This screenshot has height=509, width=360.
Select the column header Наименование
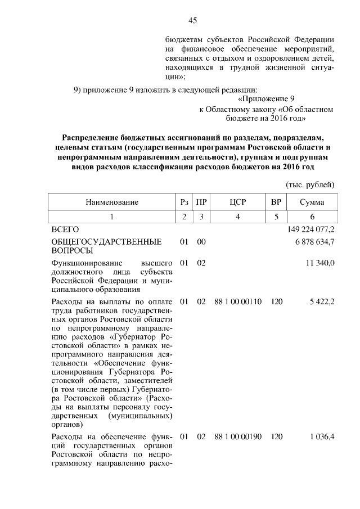(112, 202)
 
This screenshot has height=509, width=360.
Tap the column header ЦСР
(238, 202)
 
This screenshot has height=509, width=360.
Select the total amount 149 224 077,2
(311, 229)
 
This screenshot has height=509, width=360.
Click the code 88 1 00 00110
(238, 302)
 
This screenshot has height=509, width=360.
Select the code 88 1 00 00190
(238, 437)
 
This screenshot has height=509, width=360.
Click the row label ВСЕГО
(65, 229)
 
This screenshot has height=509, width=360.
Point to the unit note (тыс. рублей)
(310, 184)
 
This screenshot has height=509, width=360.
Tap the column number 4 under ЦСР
(238, 217)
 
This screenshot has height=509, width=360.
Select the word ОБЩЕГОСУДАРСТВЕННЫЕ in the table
(106, 242)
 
